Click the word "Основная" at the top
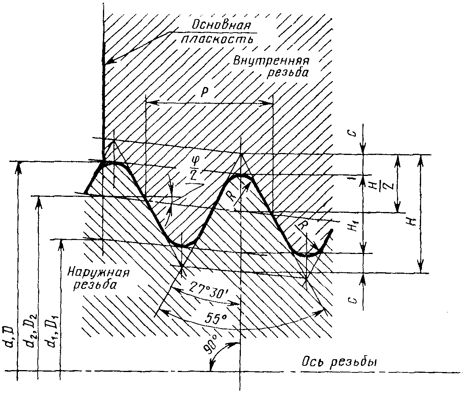click(221, 26)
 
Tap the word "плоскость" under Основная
click(218, 39)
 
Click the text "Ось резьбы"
click(340, 362)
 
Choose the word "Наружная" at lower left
click(98, 271)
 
